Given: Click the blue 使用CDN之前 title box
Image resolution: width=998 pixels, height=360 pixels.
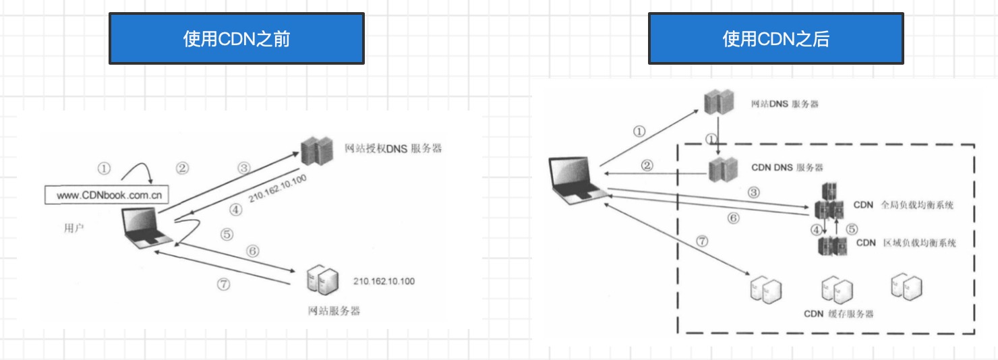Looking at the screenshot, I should [x=237, y=39].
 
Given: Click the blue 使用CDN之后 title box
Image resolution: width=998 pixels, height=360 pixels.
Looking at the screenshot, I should [x=775, y=39].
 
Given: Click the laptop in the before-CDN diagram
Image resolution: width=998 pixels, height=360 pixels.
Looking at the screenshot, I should [x=146, y=229].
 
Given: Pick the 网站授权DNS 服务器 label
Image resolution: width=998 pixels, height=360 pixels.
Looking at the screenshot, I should [x=393, y=148].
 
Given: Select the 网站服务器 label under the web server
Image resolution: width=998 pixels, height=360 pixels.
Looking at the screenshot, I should [x=333, y=311].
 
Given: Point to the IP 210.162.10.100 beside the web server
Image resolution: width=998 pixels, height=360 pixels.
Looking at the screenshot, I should [x=384, y=280].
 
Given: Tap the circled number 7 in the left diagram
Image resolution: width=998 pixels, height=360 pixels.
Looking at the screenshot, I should [x=223, y=284].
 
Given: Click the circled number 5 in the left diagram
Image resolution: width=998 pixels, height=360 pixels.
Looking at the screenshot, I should [x=226, y=235].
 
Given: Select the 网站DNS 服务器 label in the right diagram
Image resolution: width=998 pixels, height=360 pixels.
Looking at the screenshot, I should [x=785, y=105].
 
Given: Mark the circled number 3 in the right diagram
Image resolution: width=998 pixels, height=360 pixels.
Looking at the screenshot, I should [x=753, y=192].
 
